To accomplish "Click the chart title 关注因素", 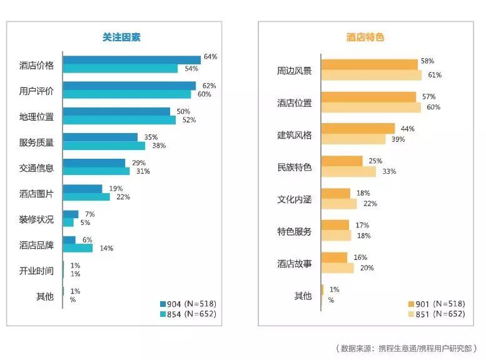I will point(121,37).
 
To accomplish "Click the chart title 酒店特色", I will point(365,37).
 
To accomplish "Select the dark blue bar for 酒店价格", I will point(131,60).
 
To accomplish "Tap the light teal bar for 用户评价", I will point(127,94).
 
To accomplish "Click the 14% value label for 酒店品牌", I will point(106,248).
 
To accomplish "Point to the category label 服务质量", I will point(36,142).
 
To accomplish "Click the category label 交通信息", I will point(36,168).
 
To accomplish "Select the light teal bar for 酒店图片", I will point(86,197).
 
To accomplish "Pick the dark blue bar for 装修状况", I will point(71,214).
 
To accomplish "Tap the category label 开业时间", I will point(36,271).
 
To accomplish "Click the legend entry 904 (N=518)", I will point(188,303).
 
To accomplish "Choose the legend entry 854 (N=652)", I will point(188,314).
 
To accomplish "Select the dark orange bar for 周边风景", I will point(369,64).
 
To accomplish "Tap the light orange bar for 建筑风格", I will point(353,139).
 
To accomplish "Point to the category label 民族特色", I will point(294,167).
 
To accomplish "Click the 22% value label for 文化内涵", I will point(370,203).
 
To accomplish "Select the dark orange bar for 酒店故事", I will point(334,257).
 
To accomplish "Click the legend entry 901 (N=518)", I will point(436,303).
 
